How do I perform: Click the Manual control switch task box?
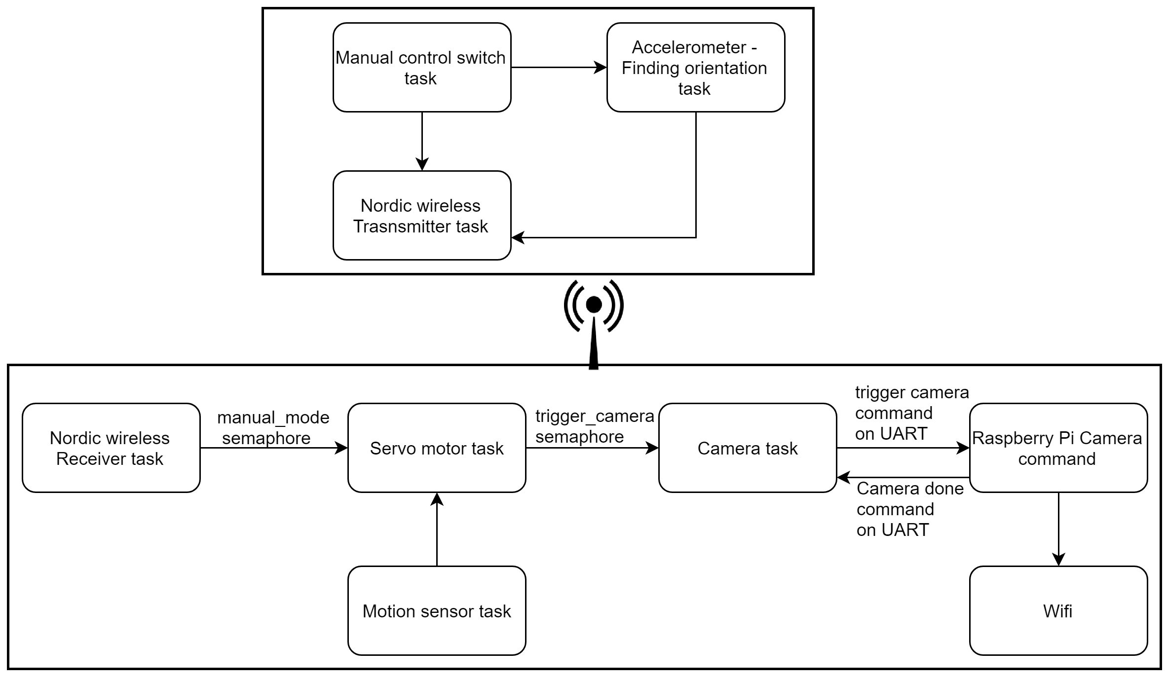coord(422,68)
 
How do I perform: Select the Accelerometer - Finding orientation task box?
coord(696,68)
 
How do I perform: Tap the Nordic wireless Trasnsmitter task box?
coord(422,216)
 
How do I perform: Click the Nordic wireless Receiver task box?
coord(111,448)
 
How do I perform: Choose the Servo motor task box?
coord(437,448)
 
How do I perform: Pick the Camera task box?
coord(748,448)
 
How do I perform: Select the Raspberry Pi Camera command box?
coord(1058,448)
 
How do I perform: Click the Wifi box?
coord(1058,611)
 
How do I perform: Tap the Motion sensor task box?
coord(437,611)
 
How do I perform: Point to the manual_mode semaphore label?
coord(273,428)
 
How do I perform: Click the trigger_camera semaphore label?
coord(595,426)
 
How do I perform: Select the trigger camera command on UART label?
coord(912,413)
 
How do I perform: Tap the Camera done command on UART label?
coord(910,509)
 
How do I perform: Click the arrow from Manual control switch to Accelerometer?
coord(559,68)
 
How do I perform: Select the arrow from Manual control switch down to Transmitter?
coord(422,142)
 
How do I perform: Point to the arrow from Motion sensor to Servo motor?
coord(437,530)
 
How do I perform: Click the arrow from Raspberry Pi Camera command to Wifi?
coord(1058,530)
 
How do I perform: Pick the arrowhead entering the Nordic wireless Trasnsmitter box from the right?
coord(518,237)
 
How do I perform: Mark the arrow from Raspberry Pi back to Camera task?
coord(903,477)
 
